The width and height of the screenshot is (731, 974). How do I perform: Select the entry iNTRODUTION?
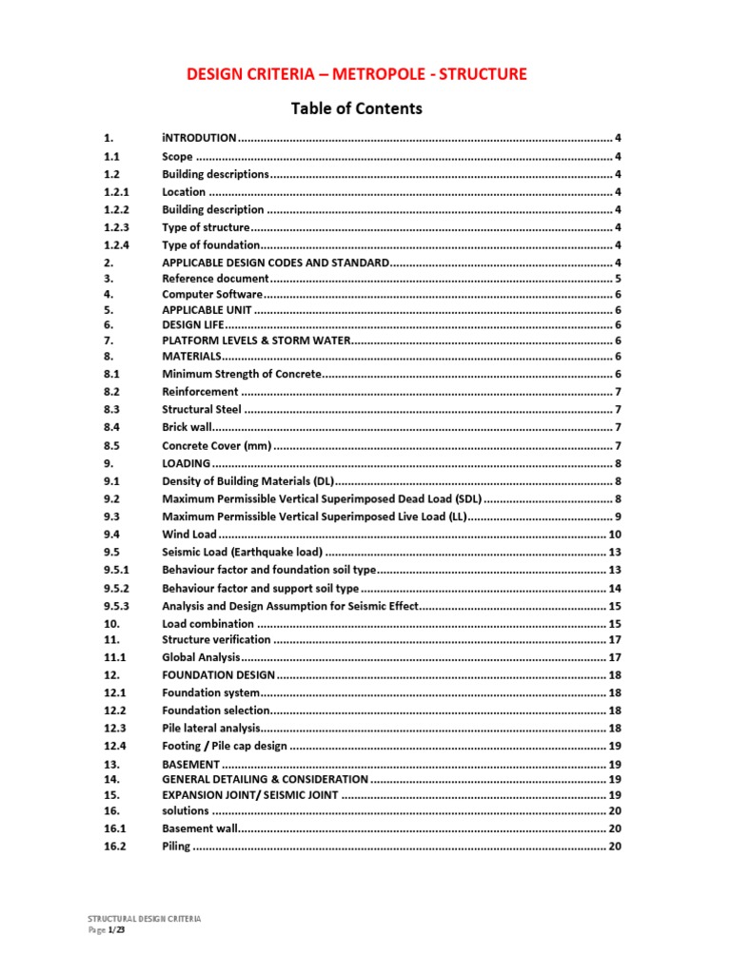tap(199, 139)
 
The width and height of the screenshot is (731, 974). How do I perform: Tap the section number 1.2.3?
tap(116, 227)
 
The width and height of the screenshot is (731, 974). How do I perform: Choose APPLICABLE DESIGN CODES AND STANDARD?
tap(276, 263)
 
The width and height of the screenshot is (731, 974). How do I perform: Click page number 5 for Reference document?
tap(618, 280)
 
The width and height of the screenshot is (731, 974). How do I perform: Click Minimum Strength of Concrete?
tap(242, 375)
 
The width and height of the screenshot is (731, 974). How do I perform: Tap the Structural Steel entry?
tap(202, 410)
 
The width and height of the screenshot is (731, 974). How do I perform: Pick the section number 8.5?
tap(110, 446)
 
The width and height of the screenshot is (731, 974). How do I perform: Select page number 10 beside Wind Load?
tap(615, 535)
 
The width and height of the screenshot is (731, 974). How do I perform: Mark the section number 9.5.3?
tap(116, 606)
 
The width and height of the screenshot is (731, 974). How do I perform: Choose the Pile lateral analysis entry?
tap(209, 728)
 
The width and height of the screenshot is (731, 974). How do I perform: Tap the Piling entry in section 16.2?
tap(176, 847)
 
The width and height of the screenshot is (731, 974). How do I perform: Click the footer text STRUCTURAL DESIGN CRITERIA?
tap(144, 920)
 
